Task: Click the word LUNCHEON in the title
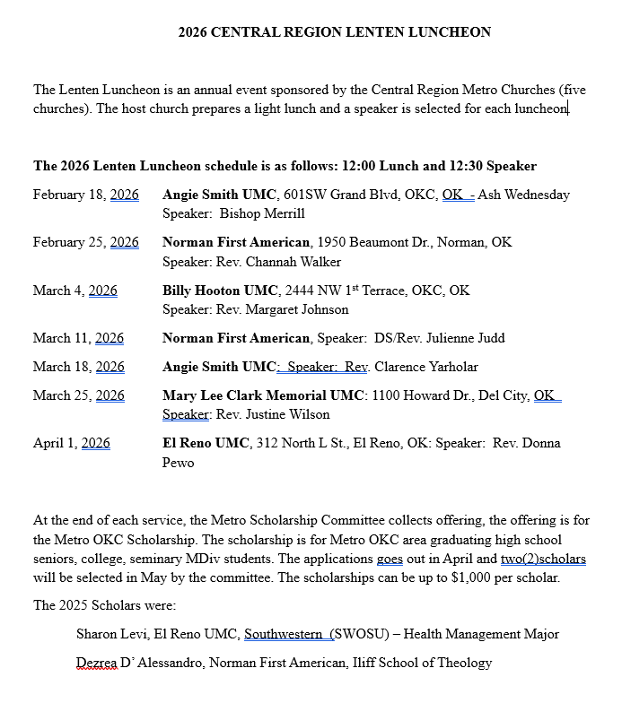pyautogui.click(x=449, y=32)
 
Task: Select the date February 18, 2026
pyautogui.click(x=86, y=195)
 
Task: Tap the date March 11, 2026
pyautogui.click(x=78, y=338)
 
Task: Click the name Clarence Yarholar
pyautogui.click(x=426, y=367)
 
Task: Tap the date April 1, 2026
pyautogui.click(x=72, y=443)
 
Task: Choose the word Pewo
pyautogui.click(x=178, y=463)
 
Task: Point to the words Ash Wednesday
pyautogui.click(x=524, y=195)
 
